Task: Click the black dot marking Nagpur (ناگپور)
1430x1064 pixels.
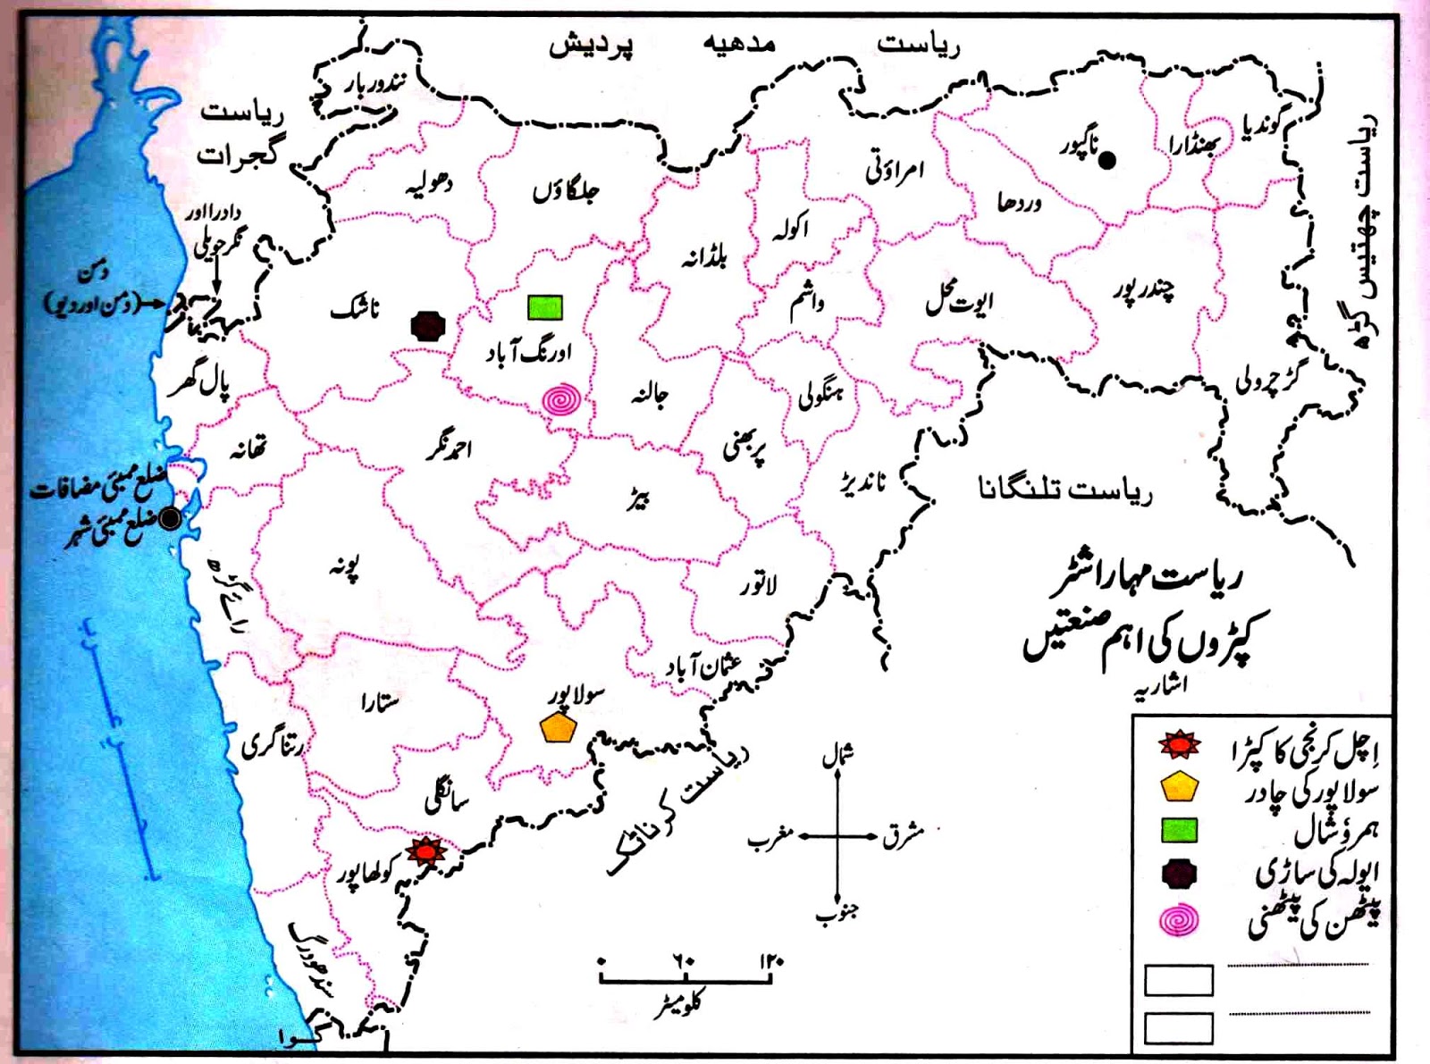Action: [x=1106, y=161]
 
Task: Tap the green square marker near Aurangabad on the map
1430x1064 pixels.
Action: [x=545, y=307]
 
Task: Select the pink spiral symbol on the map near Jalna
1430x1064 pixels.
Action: [x=561, y=400]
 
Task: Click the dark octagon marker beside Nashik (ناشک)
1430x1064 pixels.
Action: [x=428, y=326]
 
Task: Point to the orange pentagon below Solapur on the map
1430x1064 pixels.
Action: [x=558, y=728]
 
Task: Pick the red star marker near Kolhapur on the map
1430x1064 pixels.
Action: [x=426, y=851]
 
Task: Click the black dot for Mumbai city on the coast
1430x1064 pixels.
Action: [x=169, y=517]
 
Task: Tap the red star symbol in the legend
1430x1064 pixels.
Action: [x=1179, y=744]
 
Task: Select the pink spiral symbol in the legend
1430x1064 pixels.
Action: [x=1179, y=920]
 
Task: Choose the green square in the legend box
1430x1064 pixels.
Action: [x=1179, y=831]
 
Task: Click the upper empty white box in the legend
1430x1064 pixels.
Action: [x=1179, y=980]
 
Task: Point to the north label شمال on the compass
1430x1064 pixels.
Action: [x=837, y=756]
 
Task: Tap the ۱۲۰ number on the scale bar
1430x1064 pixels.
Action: [x=771, y=961]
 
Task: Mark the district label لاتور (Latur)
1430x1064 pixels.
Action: [x=758, y=585]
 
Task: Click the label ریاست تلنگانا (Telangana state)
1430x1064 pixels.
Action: [x=1065, y=490]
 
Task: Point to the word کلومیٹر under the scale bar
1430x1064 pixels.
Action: [x=677, y=1004]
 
